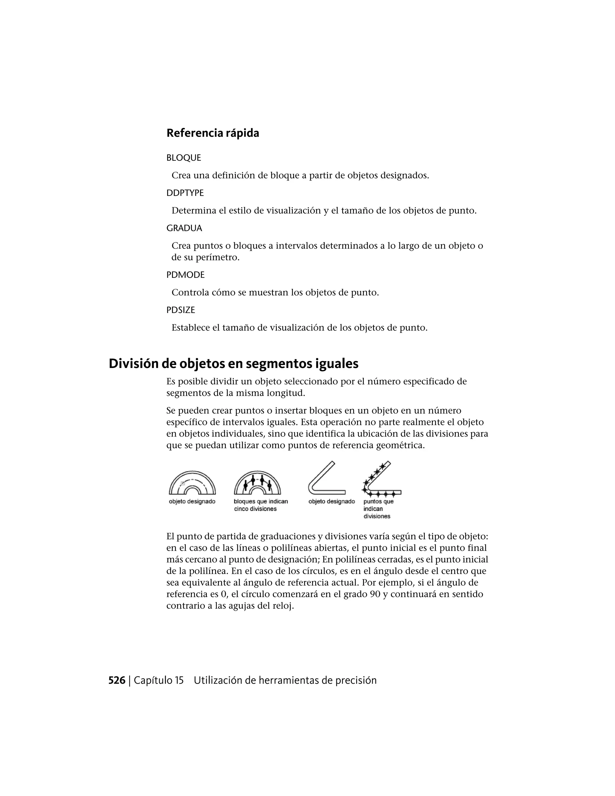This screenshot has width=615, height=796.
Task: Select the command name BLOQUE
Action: [x=183, y=158]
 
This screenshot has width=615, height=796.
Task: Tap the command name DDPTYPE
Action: [x=185, y=193]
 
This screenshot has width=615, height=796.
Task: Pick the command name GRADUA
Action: [x=184, y=228]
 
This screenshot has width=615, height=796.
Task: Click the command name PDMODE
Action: [x=186, y=275]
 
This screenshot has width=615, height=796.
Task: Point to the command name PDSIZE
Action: [x=181, y=310]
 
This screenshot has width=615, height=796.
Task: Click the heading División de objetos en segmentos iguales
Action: [x=234, y=364]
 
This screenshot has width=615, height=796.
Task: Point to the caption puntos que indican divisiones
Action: [x=378, y=509]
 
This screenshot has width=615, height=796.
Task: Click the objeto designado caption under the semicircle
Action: [x=192, y=502]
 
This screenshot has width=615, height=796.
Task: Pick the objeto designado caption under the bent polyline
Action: [x=332, y=502]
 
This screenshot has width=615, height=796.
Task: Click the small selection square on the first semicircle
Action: [x=183, y=483]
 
